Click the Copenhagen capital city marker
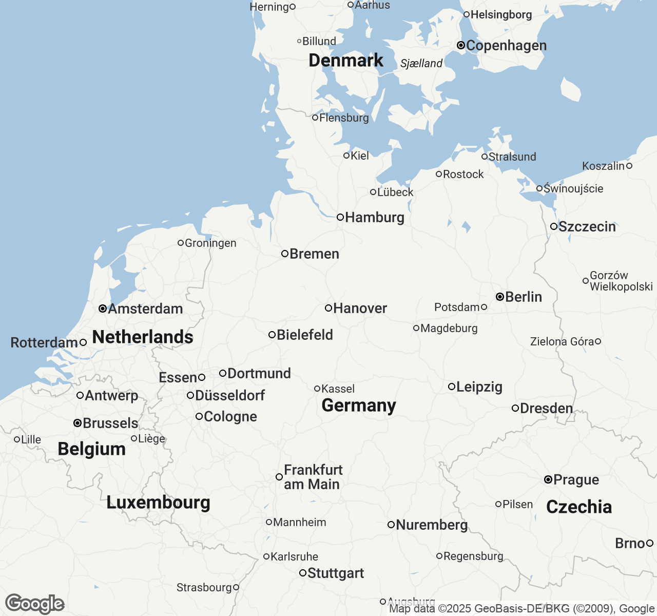[x=461, y=46]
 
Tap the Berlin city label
[x=523, y=297]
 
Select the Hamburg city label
[x=374, y=217]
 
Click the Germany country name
[x=358, y=405]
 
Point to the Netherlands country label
[x=142, y=337]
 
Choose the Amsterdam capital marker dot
[x=103, y=309]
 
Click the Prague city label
[x=576, y=479]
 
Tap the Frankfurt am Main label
[x=312, y=477]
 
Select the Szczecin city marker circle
[x=554, y=226]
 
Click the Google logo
[x=34, y=604]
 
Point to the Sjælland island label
[x=421, y=63]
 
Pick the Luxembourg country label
[x=158, y=502]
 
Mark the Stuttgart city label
[x=335, y=573]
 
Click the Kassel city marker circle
[x=317, y=389]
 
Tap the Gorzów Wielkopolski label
[x=621, y=281]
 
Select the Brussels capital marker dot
[x=78, y=423]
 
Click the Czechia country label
[x=579, y=507]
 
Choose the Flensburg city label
[x=344, y=118]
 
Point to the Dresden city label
[x=546, y=408]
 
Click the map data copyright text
[x=521, y=609]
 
